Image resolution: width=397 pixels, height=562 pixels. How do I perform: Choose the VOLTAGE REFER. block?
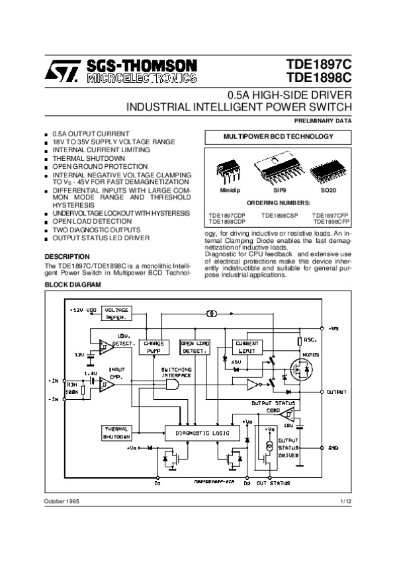(116, 313)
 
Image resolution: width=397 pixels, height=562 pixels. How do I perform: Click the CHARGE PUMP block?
(153, 346)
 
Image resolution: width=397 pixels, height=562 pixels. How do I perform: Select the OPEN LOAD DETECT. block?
(195, 347)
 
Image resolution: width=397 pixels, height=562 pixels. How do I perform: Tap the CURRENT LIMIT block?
(247, 346)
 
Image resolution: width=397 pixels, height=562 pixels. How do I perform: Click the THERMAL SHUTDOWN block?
(116, 433)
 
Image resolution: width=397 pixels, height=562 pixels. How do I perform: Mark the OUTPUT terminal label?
(338, 392)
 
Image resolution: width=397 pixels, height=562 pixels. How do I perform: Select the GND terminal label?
(333, 447)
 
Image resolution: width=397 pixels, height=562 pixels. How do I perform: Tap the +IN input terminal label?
(54, 381)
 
